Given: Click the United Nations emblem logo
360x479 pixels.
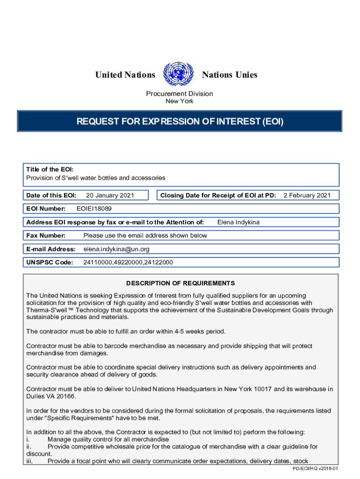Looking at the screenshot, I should pyautogui.click(x=178, y=74).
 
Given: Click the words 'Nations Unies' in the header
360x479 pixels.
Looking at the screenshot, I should pyautogui.click(x=229, y=75).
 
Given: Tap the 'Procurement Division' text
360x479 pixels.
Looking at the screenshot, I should pyautogui.click(x=180, y=94).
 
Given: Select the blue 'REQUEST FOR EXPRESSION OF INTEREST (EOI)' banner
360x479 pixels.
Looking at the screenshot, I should pyautogui.click(x=180, y=122).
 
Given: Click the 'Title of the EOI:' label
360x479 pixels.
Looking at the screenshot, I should pyautogui.click(x=50, y=169).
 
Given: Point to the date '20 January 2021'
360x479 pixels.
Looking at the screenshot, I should pyautogui.click(x=108, y=195).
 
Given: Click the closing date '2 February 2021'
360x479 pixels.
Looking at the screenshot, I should pyautogui.click(x=307, y=195).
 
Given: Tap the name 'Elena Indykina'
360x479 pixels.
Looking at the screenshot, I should pyautogui.click(x=238, y=222).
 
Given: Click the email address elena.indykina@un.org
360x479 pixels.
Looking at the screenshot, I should pyautogui.click(x=116, y=249).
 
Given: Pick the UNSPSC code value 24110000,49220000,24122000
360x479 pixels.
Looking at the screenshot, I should pyautogui.click(x=128, y=262).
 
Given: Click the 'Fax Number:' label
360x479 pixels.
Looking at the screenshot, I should pyautogui.click(x=46, y=235).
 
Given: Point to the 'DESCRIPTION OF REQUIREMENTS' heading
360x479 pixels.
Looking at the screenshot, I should pyautogui.click(x=180, y=283).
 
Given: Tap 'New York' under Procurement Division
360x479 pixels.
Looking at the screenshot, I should pyautogui.click(x=180, y=101).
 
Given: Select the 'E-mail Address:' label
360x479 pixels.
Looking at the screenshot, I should pyautogui.click(x=51, y=249).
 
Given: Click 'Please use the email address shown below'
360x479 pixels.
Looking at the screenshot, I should pyautogui.click(x=145, y=235).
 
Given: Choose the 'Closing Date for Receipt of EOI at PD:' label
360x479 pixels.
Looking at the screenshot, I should pyautogui.click(x=218, y=195).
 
